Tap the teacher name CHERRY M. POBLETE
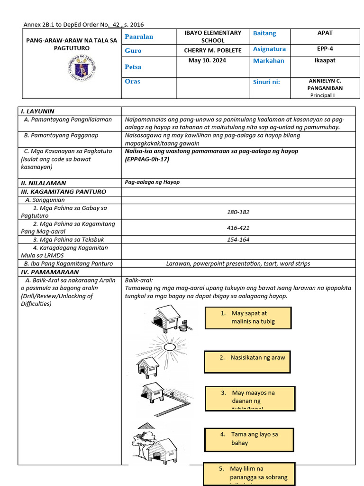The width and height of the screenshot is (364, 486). [213, 50]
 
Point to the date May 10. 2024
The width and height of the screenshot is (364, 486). [207, 60]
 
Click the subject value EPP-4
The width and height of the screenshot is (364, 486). [325, 48]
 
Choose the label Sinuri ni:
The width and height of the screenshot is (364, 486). [266, 82]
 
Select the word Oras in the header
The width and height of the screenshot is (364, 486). [132, 81]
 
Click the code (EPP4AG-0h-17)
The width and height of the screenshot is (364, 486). [147, 159]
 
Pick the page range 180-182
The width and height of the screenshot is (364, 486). [238, 212]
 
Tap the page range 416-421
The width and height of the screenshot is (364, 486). [238, 228]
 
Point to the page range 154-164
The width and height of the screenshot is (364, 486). [238, 240]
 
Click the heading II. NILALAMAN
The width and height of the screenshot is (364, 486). [43, 183]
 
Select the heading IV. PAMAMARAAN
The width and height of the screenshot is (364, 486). [49, 272]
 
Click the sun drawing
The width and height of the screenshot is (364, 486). [169, 346]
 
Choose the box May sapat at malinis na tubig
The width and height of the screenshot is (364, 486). [248, 318]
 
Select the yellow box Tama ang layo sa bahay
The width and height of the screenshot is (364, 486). [249, 439]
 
